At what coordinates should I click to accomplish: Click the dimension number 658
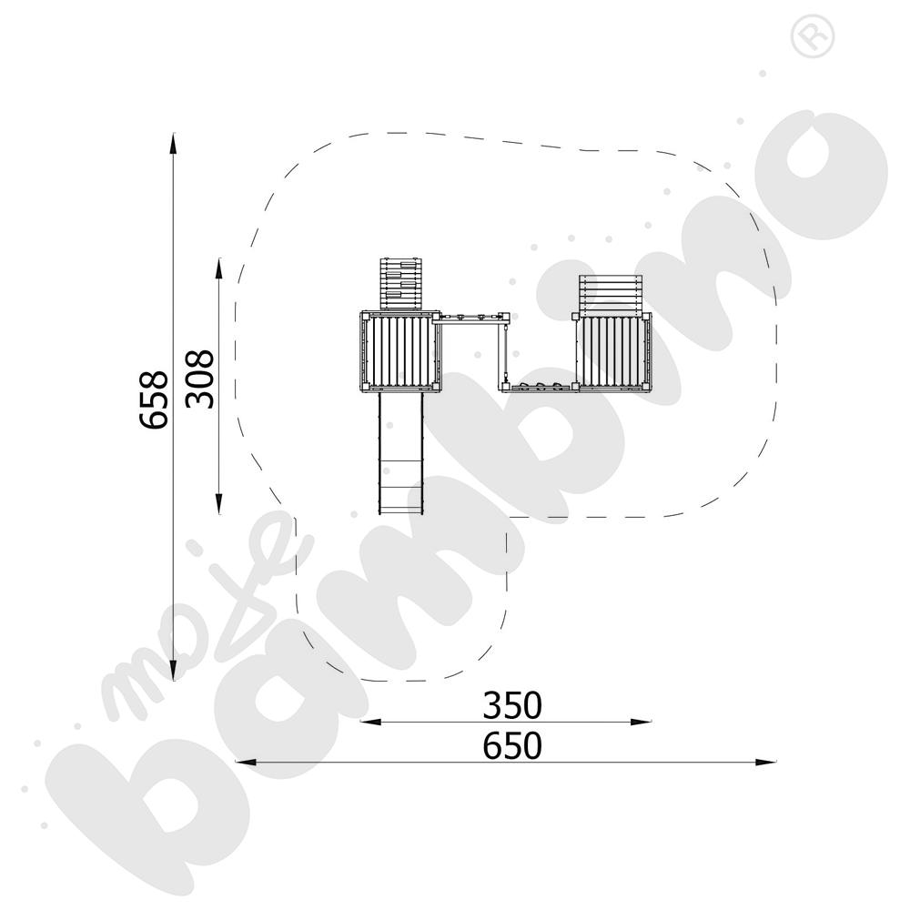click(x=155, y=399)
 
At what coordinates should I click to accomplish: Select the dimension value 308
click(x=200, y=379)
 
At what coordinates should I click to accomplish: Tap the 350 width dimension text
click(x=512, y=705)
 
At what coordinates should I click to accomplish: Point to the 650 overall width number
click(x=512, y=746)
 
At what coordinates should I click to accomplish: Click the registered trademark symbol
click(x=813, y=36)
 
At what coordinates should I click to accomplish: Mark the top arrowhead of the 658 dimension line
click(x=173, y=143)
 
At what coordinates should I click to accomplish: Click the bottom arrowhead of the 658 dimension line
click(x=173, y=671)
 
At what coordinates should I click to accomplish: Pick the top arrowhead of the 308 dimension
click(x=218, y=268)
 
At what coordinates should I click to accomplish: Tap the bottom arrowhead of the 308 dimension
click(x=218, y=504)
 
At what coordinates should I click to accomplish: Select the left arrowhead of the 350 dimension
click(x=370, y=722)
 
